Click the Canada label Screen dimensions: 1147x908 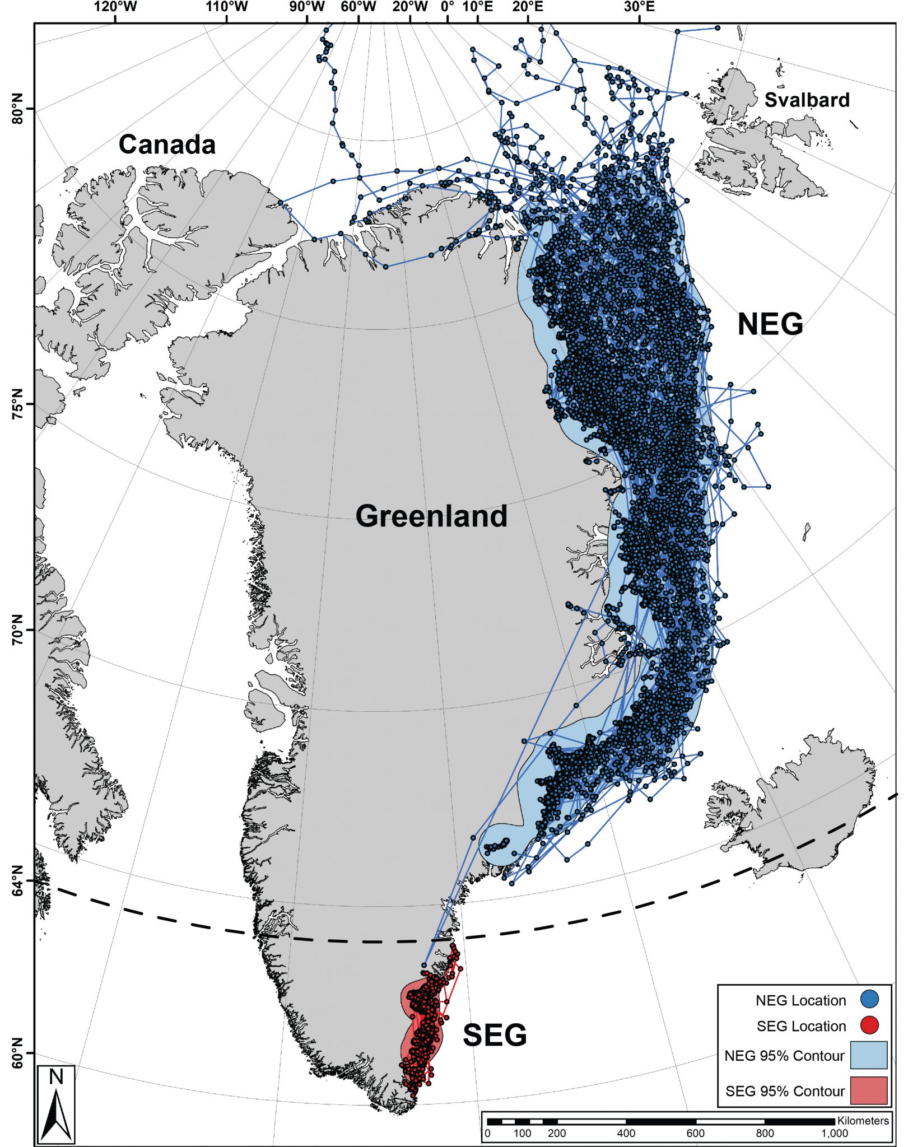(x=167, y=144)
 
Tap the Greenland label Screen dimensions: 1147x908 (x=431, y=516)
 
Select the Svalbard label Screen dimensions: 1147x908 (x=807, y=100)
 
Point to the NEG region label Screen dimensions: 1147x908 (x=770, y=324)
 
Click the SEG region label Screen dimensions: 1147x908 (x=495, y=1035)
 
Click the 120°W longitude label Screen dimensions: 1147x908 (x=116, y=7)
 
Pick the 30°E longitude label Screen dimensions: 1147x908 (x=639, y=7)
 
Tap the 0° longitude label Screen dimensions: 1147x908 (x=448, y=7)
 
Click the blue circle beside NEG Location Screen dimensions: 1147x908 (x=869, y=999)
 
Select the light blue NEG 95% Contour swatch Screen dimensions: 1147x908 (x=868, y=1055)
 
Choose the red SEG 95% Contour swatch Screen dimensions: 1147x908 (x=868, y=1090)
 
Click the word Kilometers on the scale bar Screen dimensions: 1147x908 (x=863, y=1121)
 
